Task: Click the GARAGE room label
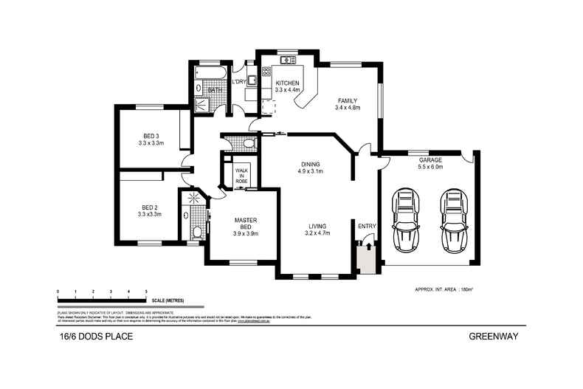(430, 159)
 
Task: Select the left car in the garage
(405, 219)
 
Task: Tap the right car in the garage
(452, 219)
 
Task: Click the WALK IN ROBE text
(241, 175)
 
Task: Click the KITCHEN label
(287, 83)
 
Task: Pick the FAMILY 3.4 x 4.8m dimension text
(348, 108)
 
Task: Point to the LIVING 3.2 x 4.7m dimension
(318, 233)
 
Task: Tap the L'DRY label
(239, 82)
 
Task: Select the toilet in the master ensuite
(197, 233)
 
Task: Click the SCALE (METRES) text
(168, 301)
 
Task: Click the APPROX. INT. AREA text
(438, 290)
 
